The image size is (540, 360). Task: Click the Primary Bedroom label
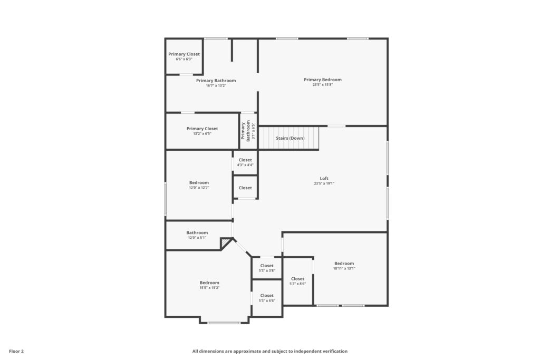(323, 80)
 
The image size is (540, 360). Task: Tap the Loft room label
(324, 178)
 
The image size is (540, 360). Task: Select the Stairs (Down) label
(290, 138)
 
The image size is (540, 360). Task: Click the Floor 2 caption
(16, 351)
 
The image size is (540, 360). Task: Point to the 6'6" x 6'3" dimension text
(184, 59)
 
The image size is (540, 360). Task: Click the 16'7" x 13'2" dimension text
(216, 85)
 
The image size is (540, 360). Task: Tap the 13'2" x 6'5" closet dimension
(202, 133)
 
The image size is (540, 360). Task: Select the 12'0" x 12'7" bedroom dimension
(199, 188)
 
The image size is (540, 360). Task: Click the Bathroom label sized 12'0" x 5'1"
(197, 232)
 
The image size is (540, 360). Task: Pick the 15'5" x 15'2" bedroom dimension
(209, 288)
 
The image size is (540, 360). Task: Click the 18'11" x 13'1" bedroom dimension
(344, 268)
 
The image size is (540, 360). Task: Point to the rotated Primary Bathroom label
(246, 131)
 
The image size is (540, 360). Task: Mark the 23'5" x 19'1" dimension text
(324, 183)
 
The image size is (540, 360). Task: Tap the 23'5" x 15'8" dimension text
(323, 85)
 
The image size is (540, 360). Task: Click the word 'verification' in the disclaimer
(335, 351)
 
